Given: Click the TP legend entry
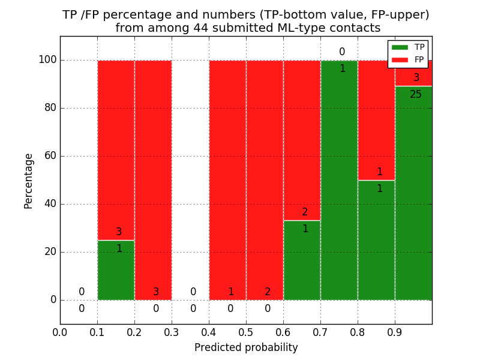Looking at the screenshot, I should click(408, 47).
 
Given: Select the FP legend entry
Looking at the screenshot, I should click(408, 59).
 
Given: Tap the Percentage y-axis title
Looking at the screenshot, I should click(28, 181).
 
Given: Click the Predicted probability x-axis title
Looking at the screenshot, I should click(246, 347).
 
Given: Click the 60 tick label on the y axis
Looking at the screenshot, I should click(50, 156).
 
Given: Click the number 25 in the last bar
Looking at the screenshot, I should click(416, 95).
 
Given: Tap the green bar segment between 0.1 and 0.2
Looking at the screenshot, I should click(116, 276).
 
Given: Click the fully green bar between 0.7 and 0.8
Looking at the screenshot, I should click(339, 180).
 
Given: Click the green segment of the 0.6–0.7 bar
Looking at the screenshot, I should click(302, 264).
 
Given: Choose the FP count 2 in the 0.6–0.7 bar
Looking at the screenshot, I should click(305, 212).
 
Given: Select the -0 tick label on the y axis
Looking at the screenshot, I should click(53, 300).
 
